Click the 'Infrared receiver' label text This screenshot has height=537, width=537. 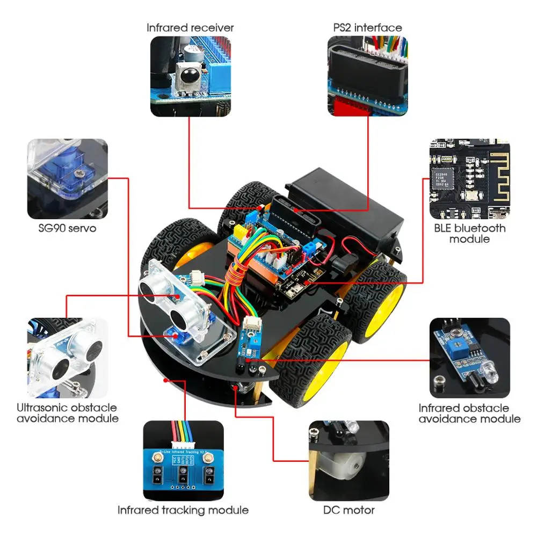pyautogui.click(x=190, y=27)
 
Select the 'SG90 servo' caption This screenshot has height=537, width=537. pyautogui.click(x=68, y=228)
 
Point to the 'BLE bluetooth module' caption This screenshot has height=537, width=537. pyautogui.click(x=469, y=233)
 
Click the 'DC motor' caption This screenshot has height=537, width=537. pyautogui.click(x=349, y=510)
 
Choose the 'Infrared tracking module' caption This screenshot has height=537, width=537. pyautogui.click(x=183, y=510)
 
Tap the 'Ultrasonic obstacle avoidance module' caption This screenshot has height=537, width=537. pyautogui.click(x=67, y=413)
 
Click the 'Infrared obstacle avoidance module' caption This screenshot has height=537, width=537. pyautogui.click(x=469, y=413)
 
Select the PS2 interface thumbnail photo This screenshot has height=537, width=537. pyautogui.click(x=367, y=76)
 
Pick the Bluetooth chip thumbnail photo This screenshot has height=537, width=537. pyautogui.click(x=469, y=179)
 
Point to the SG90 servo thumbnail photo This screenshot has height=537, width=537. pyautogui.click(x=68, y=179)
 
